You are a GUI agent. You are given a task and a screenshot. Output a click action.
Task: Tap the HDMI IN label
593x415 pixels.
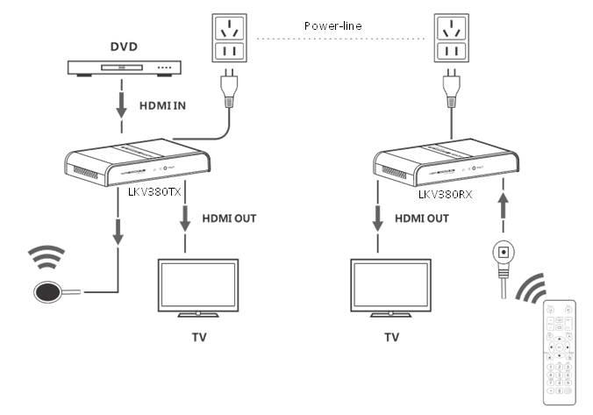(162, 105)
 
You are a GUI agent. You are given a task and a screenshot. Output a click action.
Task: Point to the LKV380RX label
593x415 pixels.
(446, 195)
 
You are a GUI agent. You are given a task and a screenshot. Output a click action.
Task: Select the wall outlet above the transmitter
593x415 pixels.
(228, 43)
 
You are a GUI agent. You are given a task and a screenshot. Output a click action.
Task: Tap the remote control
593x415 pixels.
(559, 352)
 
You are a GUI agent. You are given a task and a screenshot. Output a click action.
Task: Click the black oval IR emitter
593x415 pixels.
(49, 291)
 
